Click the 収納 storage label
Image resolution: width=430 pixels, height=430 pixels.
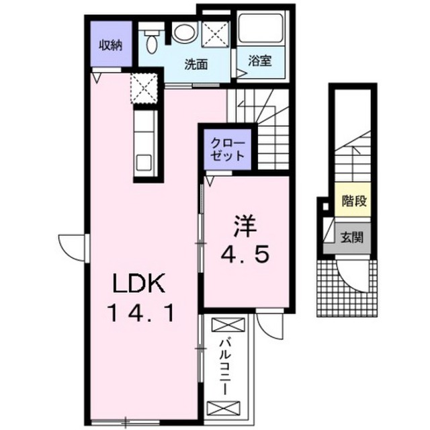(110, 45)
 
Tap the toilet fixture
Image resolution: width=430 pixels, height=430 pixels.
(152, 41)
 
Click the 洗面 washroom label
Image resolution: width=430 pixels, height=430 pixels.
(196, 64)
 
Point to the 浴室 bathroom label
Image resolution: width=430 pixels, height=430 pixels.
(260, 61)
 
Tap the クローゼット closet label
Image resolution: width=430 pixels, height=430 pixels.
(227, 149)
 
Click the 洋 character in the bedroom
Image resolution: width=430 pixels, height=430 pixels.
(245, 226)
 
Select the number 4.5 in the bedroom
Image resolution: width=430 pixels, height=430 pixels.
(245, 255)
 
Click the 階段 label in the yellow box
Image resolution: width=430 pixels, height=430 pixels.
(354, 201)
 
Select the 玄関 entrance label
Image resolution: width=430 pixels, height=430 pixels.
(352, 237)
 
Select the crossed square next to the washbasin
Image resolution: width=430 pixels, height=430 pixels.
(215, 34)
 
